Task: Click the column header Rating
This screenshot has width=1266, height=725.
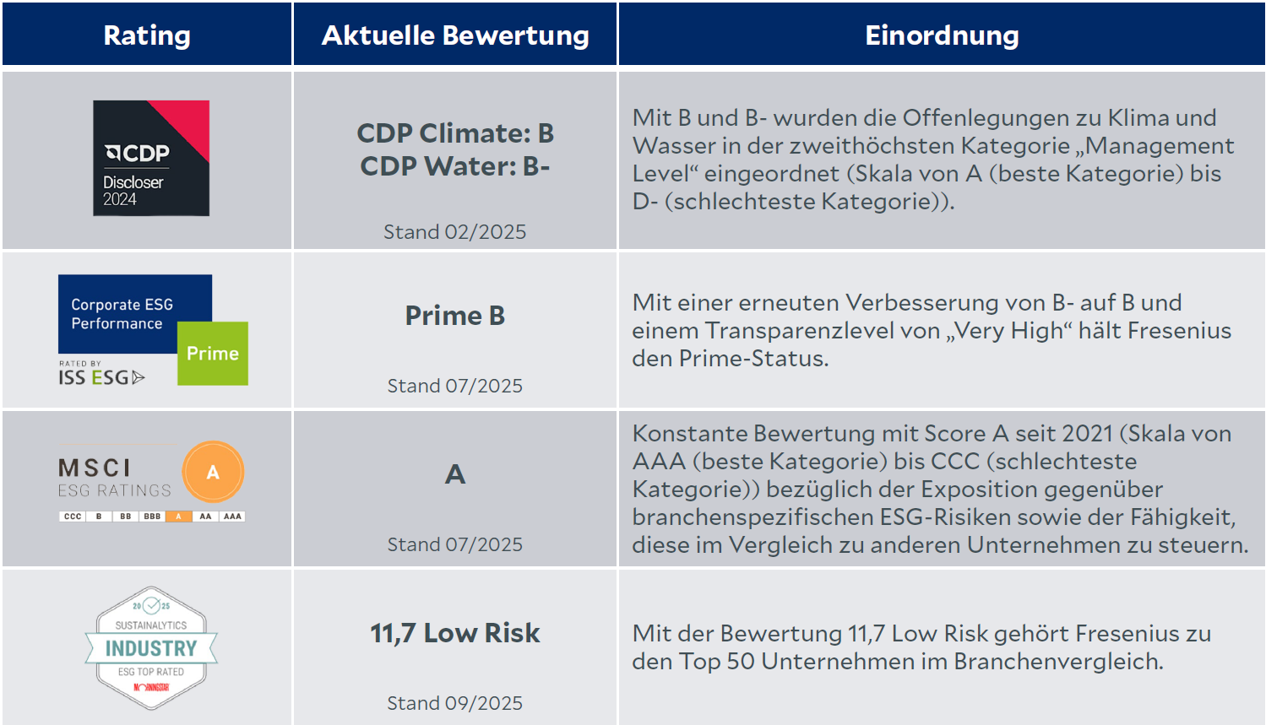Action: pos(147,35)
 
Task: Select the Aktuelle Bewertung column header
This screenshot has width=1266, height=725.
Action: pos(455,35)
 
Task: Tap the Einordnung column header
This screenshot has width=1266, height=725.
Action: pos(942,35)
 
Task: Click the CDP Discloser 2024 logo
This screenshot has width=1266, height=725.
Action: pos(151,159)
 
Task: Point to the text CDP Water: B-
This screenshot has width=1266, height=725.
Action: pos(455,166)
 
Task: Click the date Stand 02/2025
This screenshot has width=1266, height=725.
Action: pos(454,232)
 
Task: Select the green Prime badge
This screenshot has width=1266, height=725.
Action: pos(213,354)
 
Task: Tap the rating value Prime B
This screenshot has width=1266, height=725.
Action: pos(455,316)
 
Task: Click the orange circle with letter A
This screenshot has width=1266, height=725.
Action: pos(213,472)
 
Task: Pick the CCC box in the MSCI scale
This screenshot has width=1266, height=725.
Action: pos(73,517)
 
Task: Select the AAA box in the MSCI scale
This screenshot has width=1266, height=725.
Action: pos(232,517)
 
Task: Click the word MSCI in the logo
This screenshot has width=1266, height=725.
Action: pos(95,468)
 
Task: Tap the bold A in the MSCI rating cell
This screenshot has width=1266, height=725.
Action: pos(455,474)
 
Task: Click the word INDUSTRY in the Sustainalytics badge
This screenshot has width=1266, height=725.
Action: pos(151,648)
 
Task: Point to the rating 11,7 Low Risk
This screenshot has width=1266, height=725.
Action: pos(455,633)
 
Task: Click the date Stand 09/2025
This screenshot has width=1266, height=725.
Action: pos(454,703)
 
